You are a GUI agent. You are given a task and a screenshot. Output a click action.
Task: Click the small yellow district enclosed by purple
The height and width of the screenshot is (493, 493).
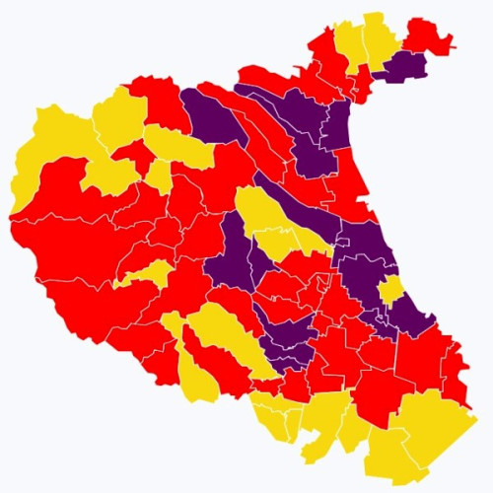[391, 289]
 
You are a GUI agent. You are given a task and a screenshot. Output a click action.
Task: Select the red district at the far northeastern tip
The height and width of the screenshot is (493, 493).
[427, 35]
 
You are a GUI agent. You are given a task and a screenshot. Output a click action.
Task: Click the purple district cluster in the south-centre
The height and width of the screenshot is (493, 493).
[286, 340]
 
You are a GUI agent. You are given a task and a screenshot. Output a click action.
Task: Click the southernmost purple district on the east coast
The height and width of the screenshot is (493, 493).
[409, 316]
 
